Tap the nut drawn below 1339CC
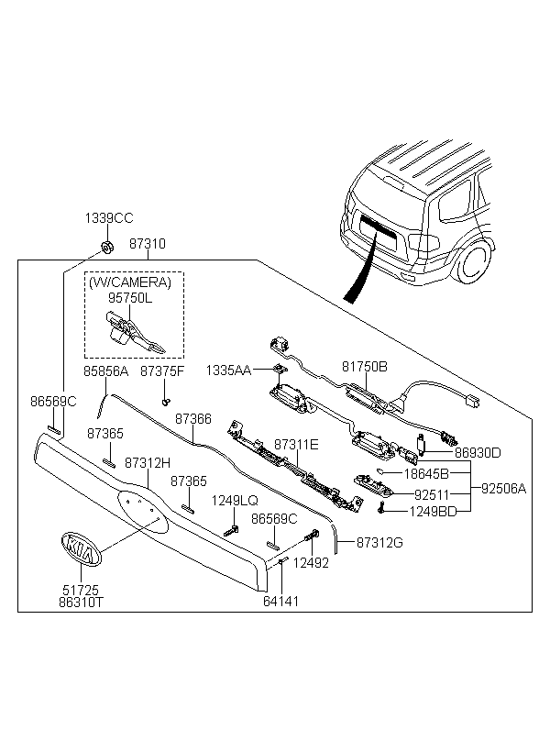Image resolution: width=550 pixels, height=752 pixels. pyautogui.click(x=106, y=246)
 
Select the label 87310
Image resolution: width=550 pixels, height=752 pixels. pyautogui.click(x=147, y=245)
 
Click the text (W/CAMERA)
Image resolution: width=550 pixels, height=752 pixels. pyautogui.click(x=134, y=283)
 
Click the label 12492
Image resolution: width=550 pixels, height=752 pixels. pyautogui.click(x=310, y=564)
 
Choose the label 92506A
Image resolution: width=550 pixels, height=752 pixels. pyautogui.click(x=504, y=489)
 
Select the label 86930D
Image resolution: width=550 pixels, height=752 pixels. pyautogui.click(x=478, y=452)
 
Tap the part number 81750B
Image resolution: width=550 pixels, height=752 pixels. pyautogui.click(x=365, y=366)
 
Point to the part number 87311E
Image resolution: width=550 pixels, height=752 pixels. pyautogui.click(x=295, y=444)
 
